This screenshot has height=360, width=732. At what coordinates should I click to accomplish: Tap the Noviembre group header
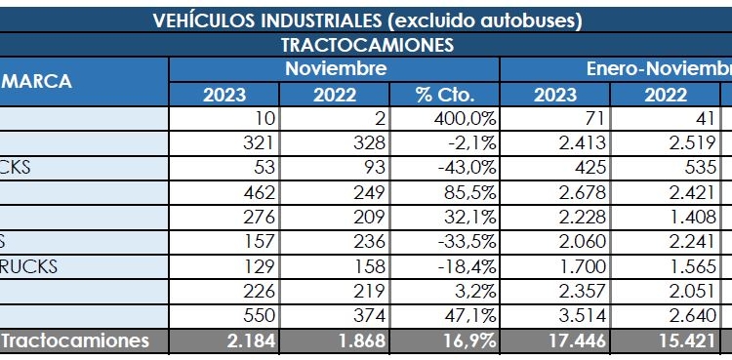click(x=335, y=68)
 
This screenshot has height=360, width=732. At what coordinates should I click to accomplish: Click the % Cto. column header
click(x=444, y=95)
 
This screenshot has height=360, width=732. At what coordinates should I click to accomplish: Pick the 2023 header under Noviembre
click(x=224, y=95)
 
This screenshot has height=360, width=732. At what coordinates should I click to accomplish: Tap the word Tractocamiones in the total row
click(x=76, y=340)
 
